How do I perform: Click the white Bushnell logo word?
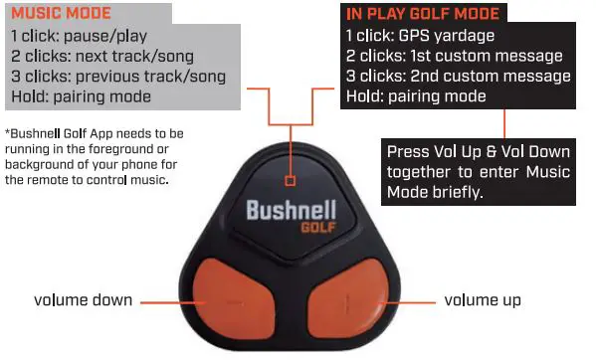pos(292,212)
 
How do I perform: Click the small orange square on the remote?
pos(290,181)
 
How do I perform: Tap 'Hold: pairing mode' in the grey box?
pos(81,95)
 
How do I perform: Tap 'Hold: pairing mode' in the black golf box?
pos(415,96)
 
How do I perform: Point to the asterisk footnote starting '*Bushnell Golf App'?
pos(95,153)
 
